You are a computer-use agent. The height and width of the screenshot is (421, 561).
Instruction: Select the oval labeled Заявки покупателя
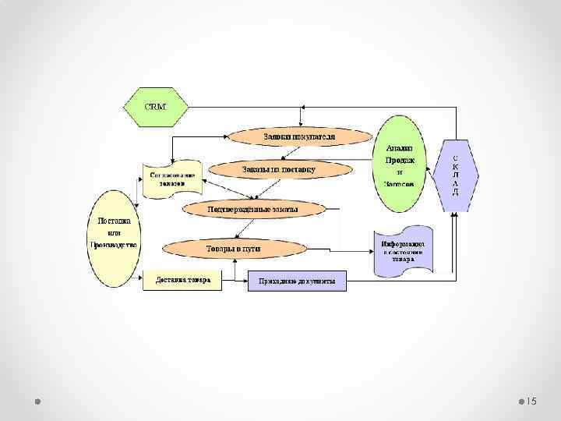299,136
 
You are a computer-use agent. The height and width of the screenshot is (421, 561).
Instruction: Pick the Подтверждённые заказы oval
252,209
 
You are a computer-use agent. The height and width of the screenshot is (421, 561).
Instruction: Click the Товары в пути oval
232,249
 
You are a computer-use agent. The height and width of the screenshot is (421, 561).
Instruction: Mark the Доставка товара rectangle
182,281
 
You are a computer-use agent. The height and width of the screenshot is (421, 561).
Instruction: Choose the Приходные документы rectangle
297,281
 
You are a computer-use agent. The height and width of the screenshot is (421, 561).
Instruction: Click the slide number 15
532,401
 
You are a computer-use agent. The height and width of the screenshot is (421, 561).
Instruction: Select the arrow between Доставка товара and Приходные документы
235,280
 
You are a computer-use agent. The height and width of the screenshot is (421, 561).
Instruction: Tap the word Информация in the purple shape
402,243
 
